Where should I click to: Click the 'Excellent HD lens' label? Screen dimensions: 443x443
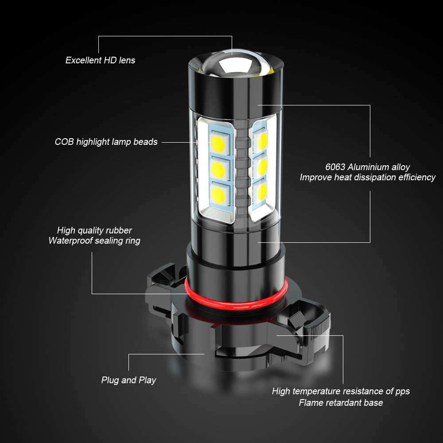click(100, 60)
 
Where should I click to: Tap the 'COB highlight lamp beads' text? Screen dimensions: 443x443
click(106, 142)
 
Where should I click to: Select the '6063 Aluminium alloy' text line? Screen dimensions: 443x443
click(368, 167)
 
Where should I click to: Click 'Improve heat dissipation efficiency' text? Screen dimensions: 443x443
click(368, 178)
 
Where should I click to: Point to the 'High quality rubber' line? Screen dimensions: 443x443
click(94, 230)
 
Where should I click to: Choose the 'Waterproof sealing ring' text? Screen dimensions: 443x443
click(94, 241)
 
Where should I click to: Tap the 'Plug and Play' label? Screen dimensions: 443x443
click(128, 380)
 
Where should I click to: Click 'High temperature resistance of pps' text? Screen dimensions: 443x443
click(341, 391)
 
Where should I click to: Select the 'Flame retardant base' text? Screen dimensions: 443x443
click(341, 403)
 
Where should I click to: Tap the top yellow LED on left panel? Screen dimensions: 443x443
click(218, 144)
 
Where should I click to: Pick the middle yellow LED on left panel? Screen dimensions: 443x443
click(218, 170)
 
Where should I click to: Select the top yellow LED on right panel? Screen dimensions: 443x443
click(262, 141)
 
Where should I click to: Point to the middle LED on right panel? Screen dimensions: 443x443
click(262, 167)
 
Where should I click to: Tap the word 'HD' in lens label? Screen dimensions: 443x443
click(110, 60)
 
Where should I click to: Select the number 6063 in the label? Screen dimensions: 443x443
click(335, 167)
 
